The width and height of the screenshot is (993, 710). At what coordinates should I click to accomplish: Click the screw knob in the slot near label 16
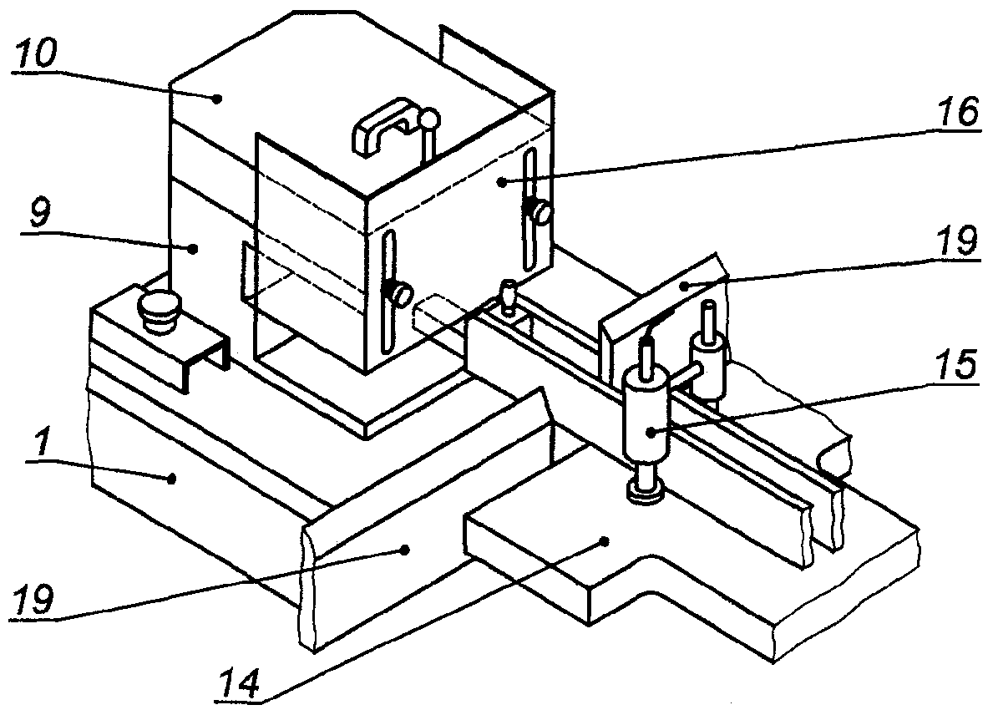point(542,213)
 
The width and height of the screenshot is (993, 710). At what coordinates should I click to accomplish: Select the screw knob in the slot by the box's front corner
point(401,294)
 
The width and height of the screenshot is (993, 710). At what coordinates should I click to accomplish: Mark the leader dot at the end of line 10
point(216,99)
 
